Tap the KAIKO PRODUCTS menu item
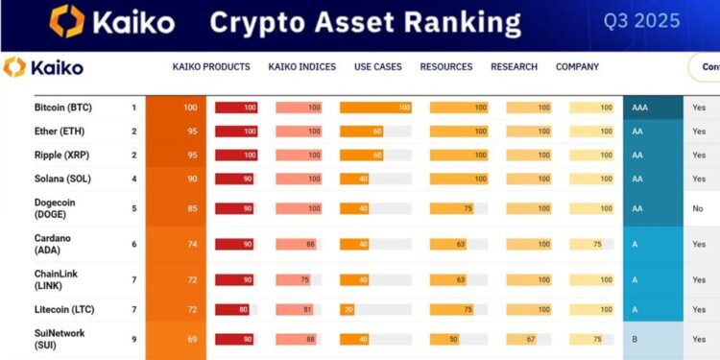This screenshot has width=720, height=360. coord(211,67)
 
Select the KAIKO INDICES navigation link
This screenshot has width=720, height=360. coord(301,67)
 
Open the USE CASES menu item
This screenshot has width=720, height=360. coord(378,67)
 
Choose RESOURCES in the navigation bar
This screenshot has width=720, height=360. coord(446,67)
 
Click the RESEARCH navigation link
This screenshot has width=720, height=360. coord(514,67)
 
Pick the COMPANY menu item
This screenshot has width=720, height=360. coord(577,67)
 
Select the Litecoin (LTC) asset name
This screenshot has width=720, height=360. coord(65,309)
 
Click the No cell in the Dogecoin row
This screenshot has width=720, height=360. coord(698,208)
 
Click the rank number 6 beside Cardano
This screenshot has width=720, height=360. coord(134,245)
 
